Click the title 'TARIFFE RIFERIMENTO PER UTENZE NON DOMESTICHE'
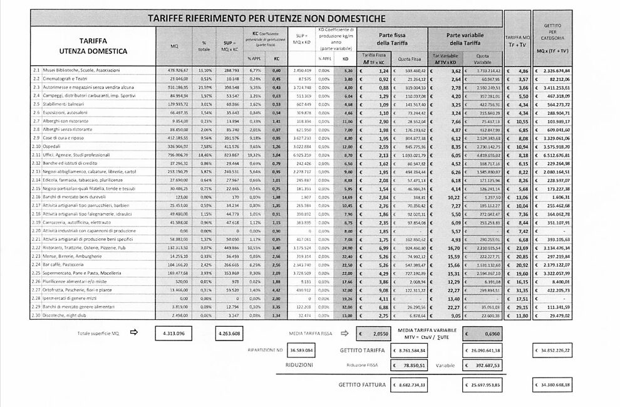(x=266, y=18)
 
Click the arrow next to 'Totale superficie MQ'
(x=132, y=334)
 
